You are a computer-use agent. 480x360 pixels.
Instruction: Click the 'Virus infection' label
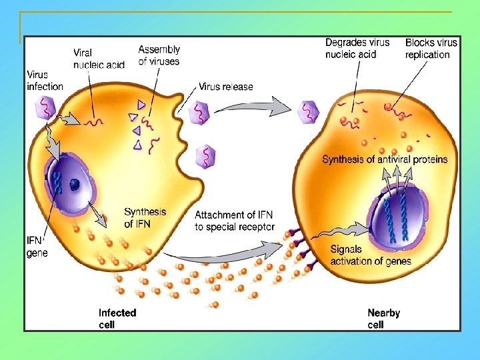[x=45, y=80]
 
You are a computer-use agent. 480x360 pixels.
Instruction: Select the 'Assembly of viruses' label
[x=159, y=55]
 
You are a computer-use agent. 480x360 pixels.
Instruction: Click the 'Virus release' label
[x=226, y=87]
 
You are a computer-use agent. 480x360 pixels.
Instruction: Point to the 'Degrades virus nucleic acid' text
[x=357, y=49]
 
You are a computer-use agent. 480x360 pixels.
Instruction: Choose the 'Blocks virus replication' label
[x=431, y=49]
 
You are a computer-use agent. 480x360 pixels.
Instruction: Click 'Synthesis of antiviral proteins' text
[x=385, y=160]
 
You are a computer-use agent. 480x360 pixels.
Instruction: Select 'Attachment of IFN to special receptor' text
[x=234, y=220]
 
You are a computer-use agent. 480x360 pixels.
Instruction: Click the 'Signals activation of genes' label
[x=370, y=255]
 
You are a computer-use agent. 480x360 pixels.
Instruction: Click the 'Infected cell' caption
[x=117, y=318]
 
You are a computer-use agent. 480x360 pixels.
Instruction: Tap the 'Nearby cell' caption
[x=384, y=318]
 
